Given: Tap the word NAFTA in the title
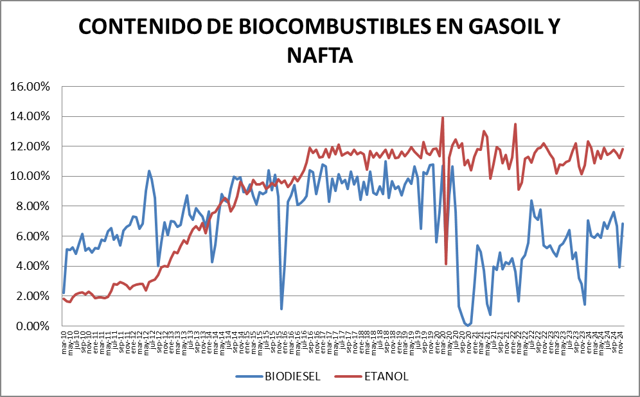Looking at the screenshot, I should [320, 55].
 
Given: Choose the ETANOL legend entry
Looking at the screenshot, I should [386, 376].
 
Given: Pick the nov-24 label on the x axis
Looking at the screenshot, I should [623, 340].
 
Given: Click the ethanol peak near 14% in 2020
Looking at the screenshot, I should [442, 118].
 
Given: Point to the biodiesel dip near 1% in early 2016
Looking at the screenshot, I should [281, 309].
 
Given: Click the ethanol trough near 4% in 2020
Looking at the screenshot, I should [446, 263].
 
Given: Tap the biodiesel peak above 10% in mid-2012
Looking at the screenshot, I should [149, 171].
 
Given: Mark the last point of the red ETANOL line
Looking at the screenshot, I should [623, 149].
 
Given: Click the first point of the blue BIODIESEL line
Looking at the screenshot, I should [64, 293].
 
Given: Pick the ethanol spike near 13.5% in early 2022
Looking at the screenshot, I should [515, 124].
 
